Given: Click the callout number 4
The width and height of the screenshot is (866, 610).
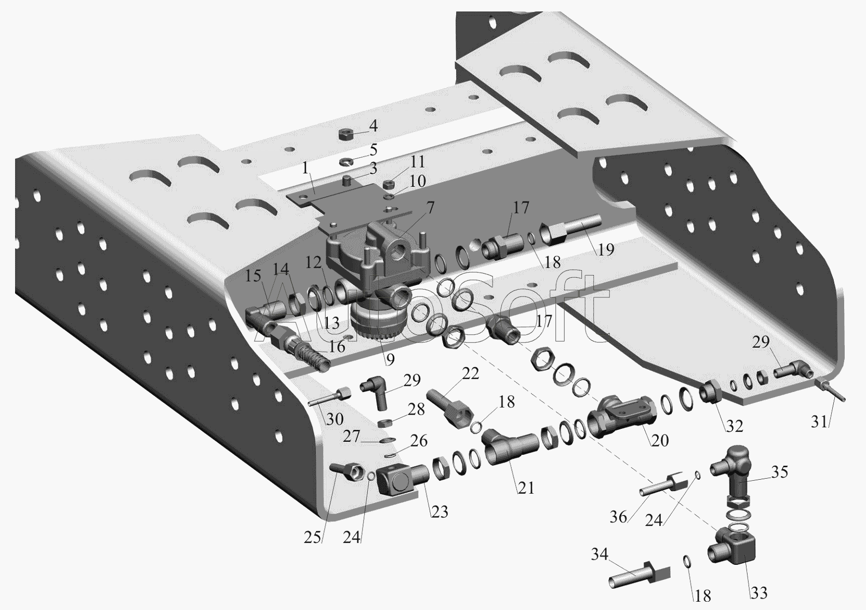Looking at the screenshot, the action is tap(372, 126).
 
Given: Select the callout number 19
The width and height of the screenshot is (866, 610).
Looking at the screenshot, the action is tap(605, 249).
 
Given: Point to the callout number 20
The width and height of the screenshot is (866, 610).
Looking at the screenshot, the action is tap(660, 440).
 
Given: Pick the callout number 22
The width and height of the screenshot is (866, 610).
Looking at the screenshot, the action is tap(470, 373).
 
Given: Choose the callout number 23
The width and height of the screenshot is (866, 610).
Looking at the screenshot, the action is tap(439, 512).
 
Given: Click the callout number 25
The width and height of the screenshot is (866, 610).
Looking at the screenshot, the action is tap(312, 537).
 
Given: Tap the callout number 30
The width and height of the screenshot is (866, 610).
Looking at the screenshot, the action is tap(335, 419).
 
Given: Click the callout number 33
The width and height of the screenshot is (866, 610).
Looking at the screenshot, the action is tap(759, 593).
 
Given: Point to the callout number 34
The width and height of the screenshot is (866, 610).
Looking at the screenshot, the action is tap(599, 555).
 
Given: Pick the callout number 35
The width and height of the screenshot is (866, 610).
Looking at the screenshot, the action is tap(779, 472).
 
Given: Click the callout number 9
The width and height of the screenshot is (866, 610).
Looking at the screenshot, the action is tap(390, 360).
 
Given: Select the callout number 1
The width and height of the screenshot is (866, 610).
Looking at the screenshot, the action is tap(306, 168).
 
